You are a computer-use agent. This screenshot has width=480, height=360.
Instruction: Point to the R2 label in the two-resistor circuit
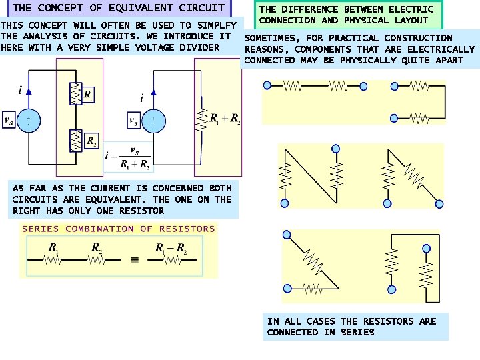91,143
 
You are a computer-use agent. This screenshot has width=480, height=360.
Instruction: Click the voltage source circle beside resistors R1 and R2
29,120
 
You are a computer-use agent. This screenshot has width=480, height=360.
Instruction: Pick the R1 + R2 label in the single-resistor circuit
225,119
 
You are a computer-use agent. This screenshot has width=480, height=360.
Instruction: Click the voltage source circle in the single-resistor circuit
153,120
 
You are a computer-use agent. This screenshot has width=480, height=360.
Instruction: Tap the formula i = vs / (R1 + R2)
128,158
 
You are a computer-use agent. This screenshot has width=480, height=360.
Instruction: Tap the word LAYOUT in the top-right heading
411,20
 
